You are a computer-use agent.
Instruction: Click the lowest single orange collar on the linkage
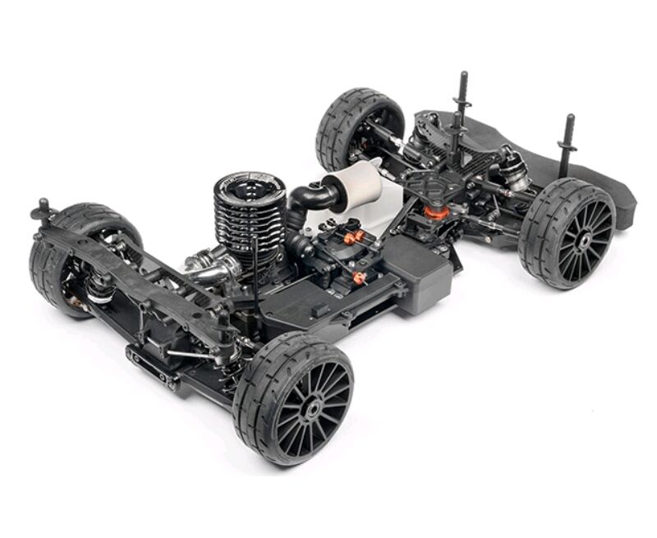(359, 278)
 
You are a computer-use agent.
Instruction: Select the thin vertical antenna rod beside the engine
(256, 263)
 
